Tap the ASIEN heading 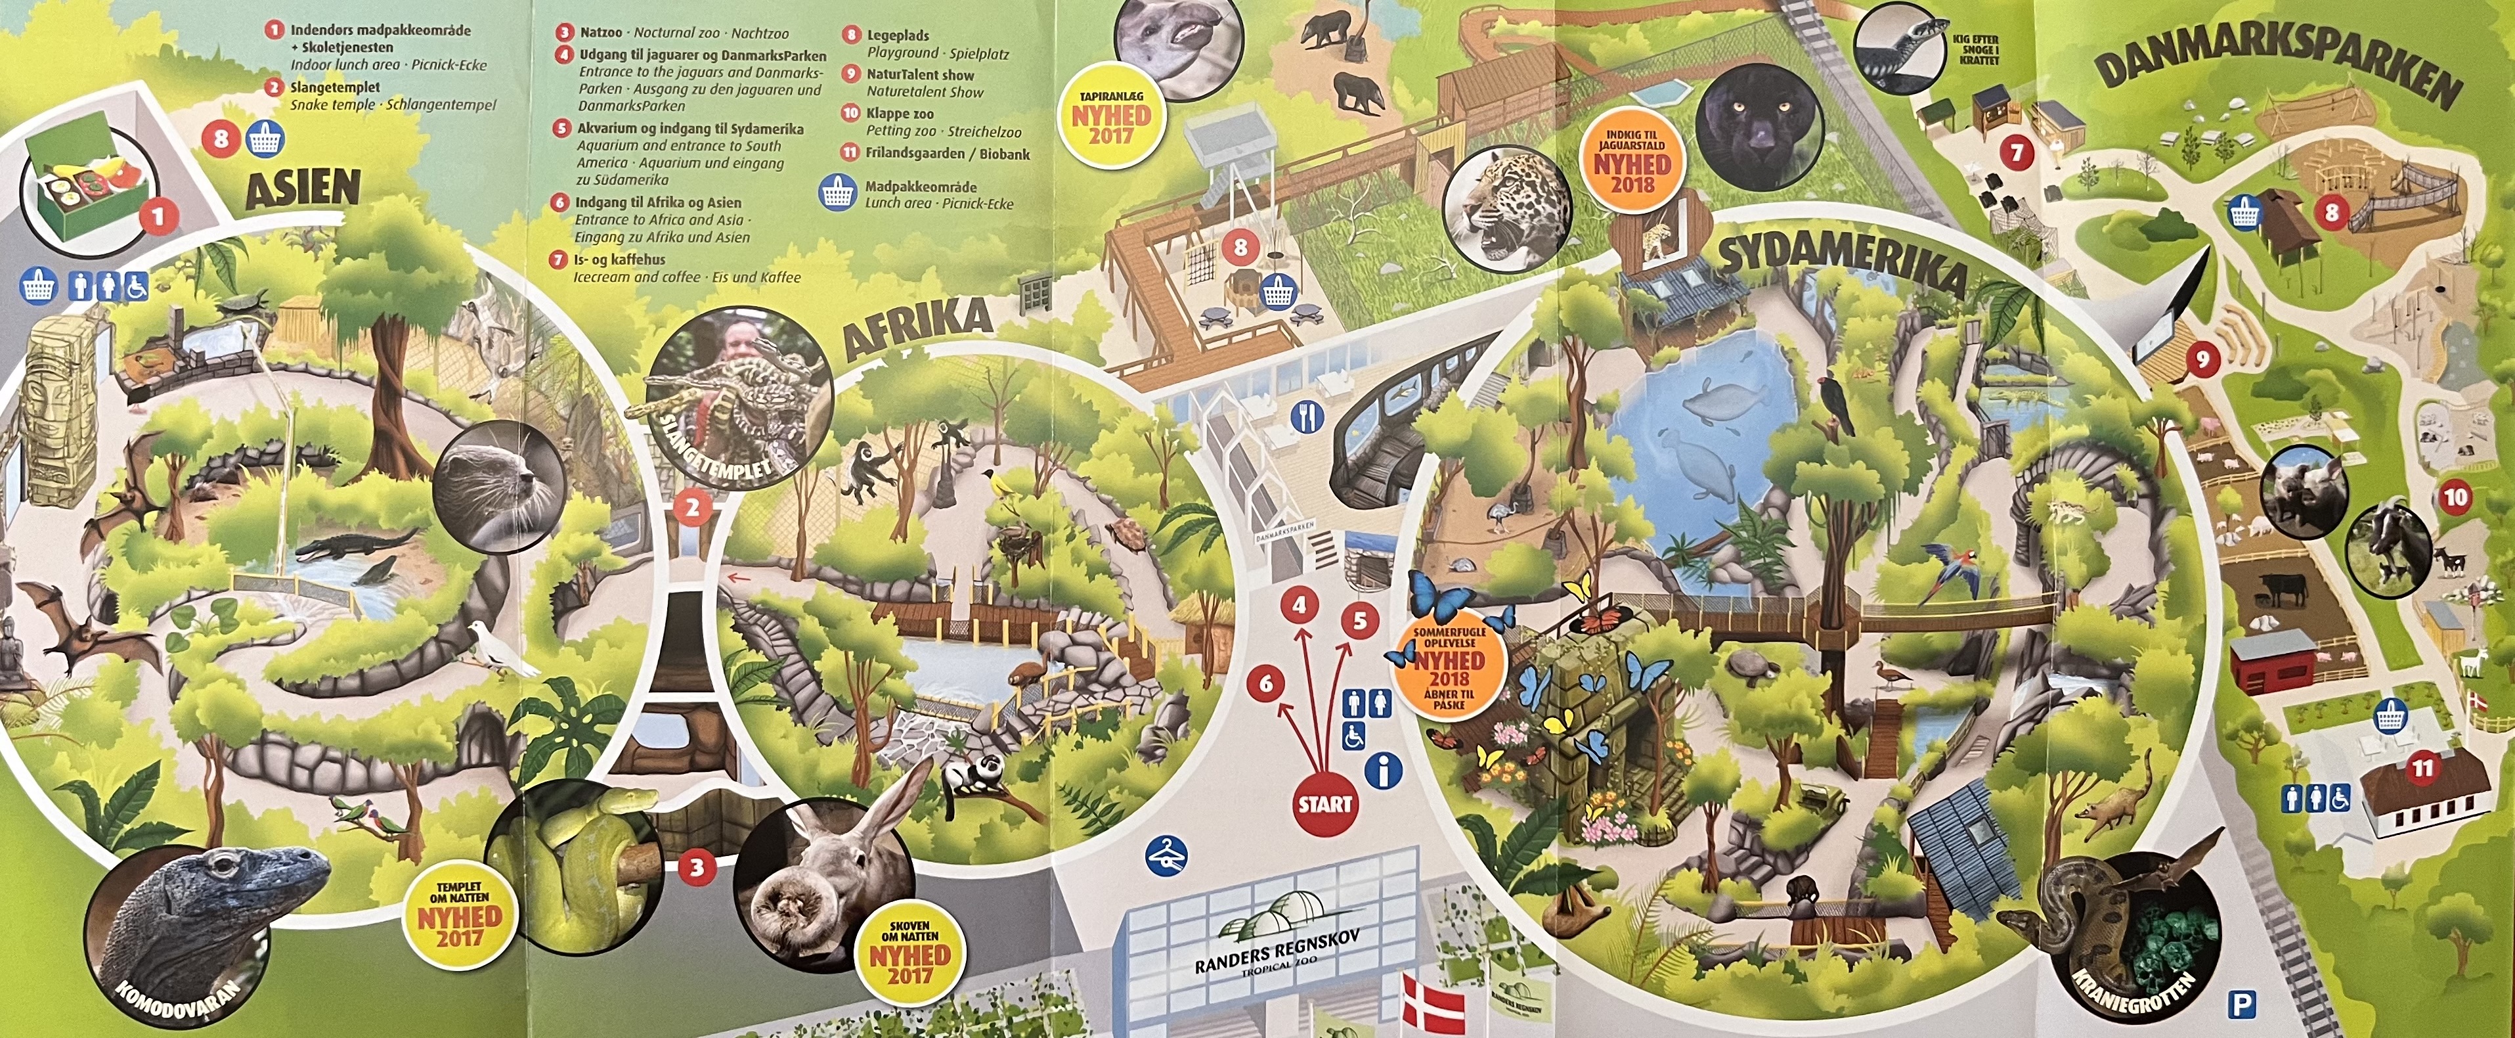pyautogui.click(x=303, y=189)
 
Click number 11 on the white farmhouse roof pyautogui.click(x=2422, y=769)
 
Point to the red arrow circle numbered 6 pyautogui.click(x=1266, y=683)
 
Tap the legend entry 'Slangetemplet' pyautogui.click(x=335, y=87)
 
